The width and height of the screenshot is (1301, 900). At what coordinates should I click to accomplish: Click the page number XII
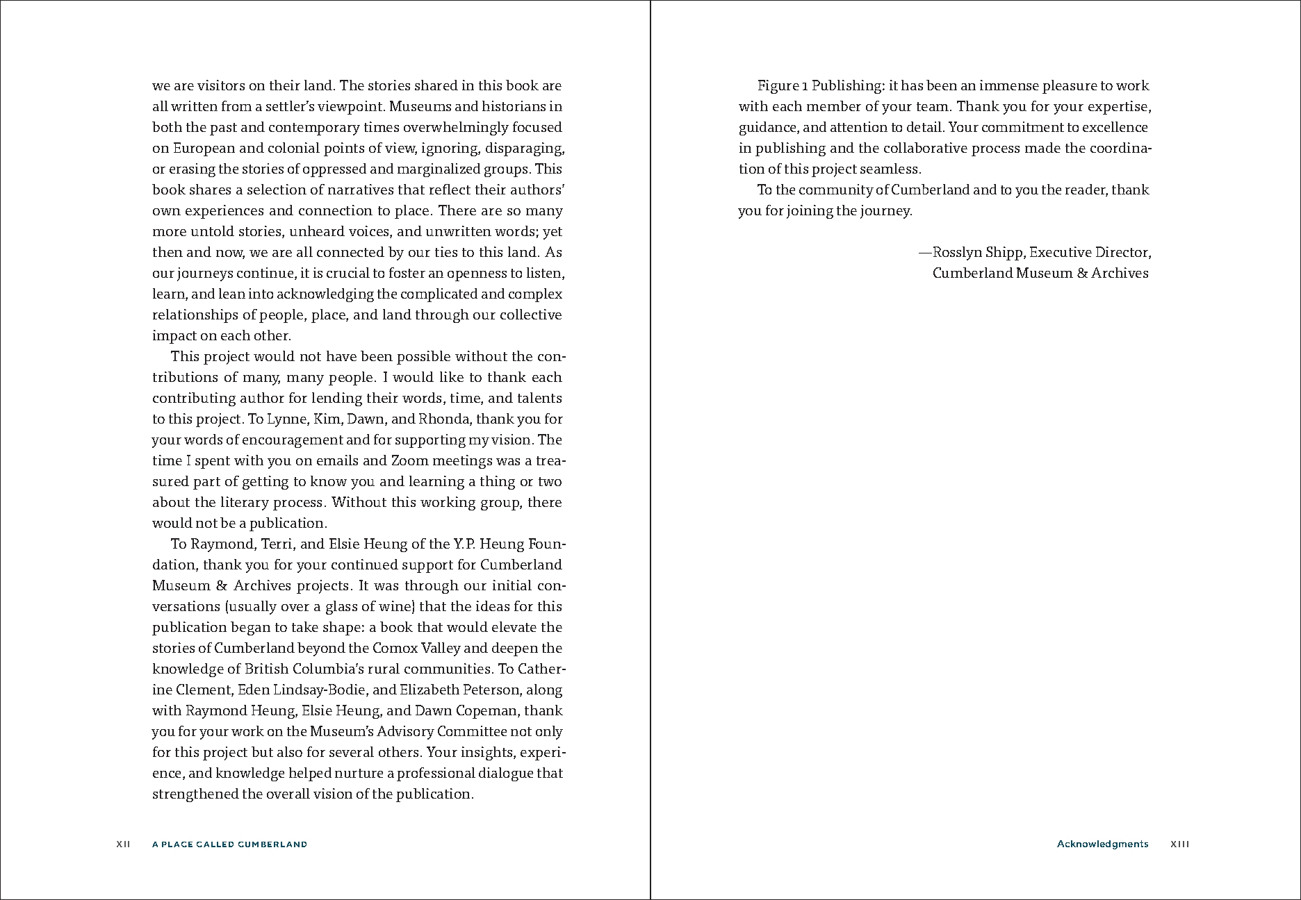(123, 844)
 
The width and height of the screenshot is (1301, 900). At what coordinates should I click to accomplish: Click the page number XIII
(1180, 844)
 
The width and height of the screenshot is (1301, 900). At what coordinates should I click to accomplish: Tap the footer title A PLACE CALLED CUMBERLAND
(229, 844)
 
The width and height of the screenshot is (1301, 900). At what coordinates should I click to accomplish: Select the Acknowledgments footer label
(1102, 844)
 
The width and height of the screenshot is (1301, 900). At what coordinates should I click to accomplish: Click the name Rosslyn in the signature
(957, 253)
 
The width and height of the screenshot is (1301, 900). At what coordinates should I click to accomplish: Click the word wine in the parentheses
(399, 606)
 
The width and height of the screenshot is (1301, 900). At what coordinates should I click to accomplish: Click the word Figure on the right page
(778, 86)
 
